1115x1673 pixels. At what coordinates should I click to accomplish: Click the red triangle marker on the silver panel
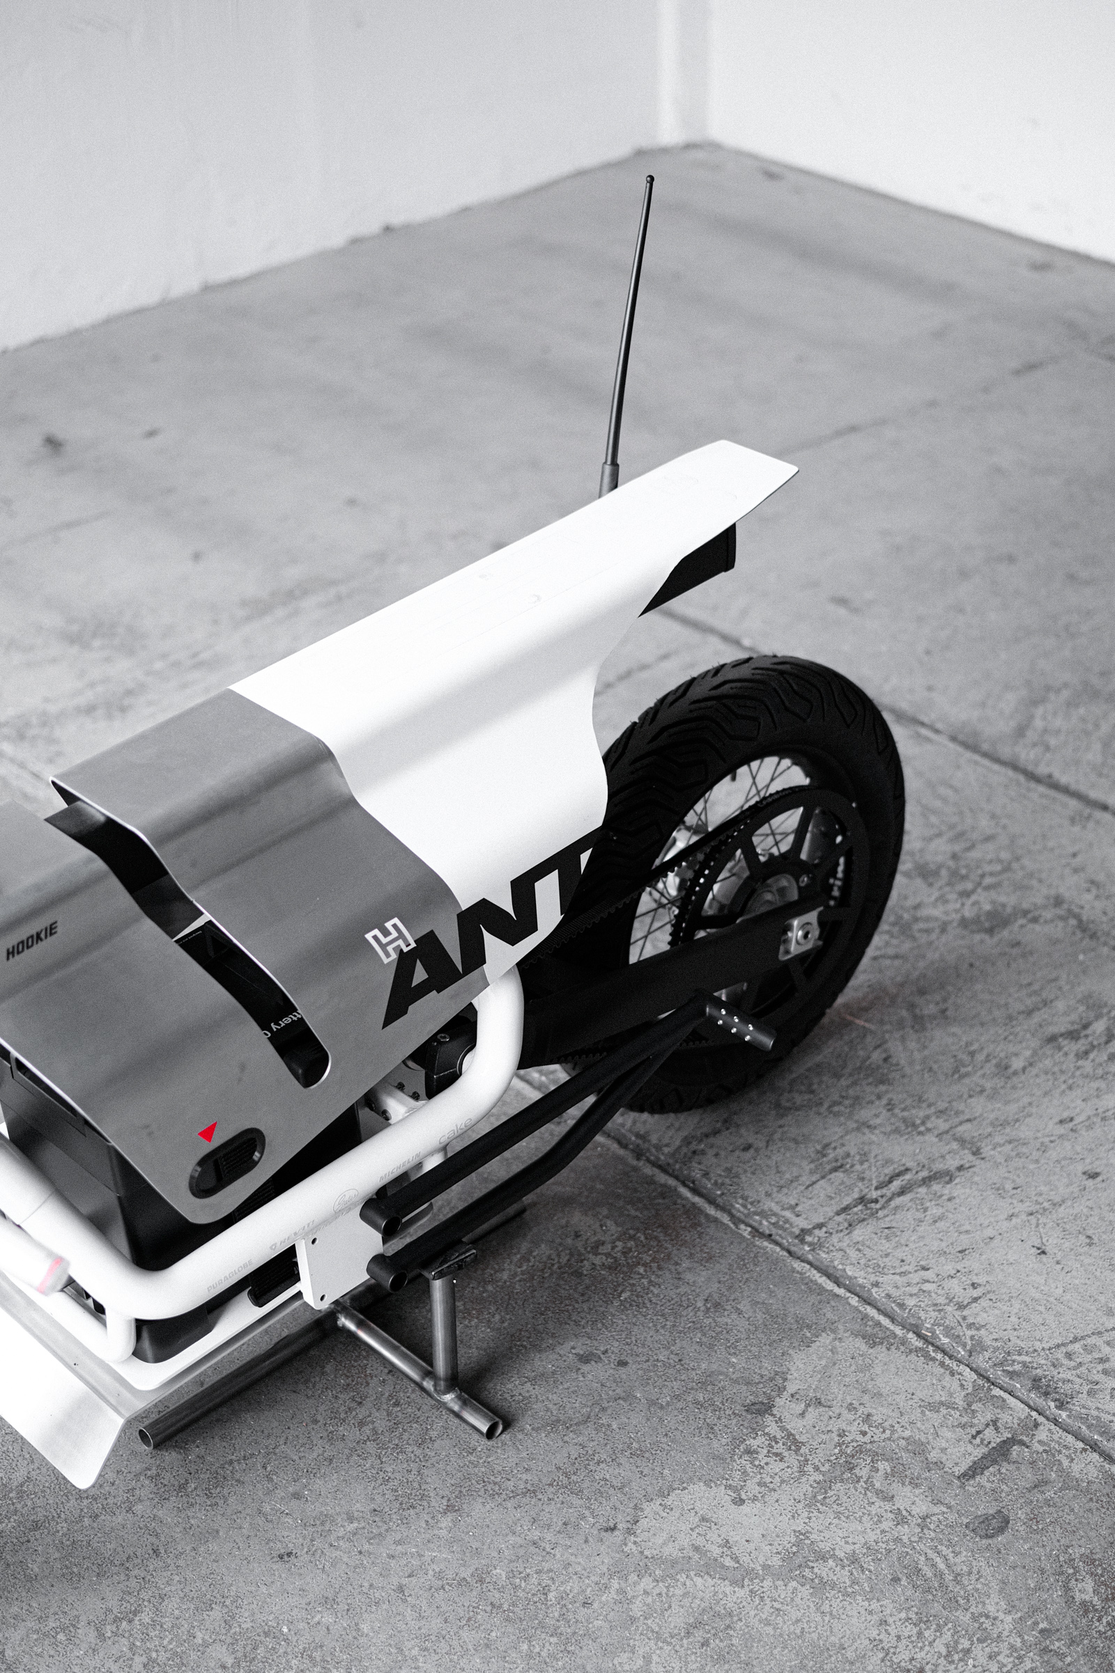click(208, 1131)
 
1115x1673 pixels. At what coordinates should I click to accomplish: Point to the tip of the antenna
click(649, 179)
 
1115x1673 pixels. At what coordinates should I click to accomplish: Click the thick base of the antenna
click(608, 479)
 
